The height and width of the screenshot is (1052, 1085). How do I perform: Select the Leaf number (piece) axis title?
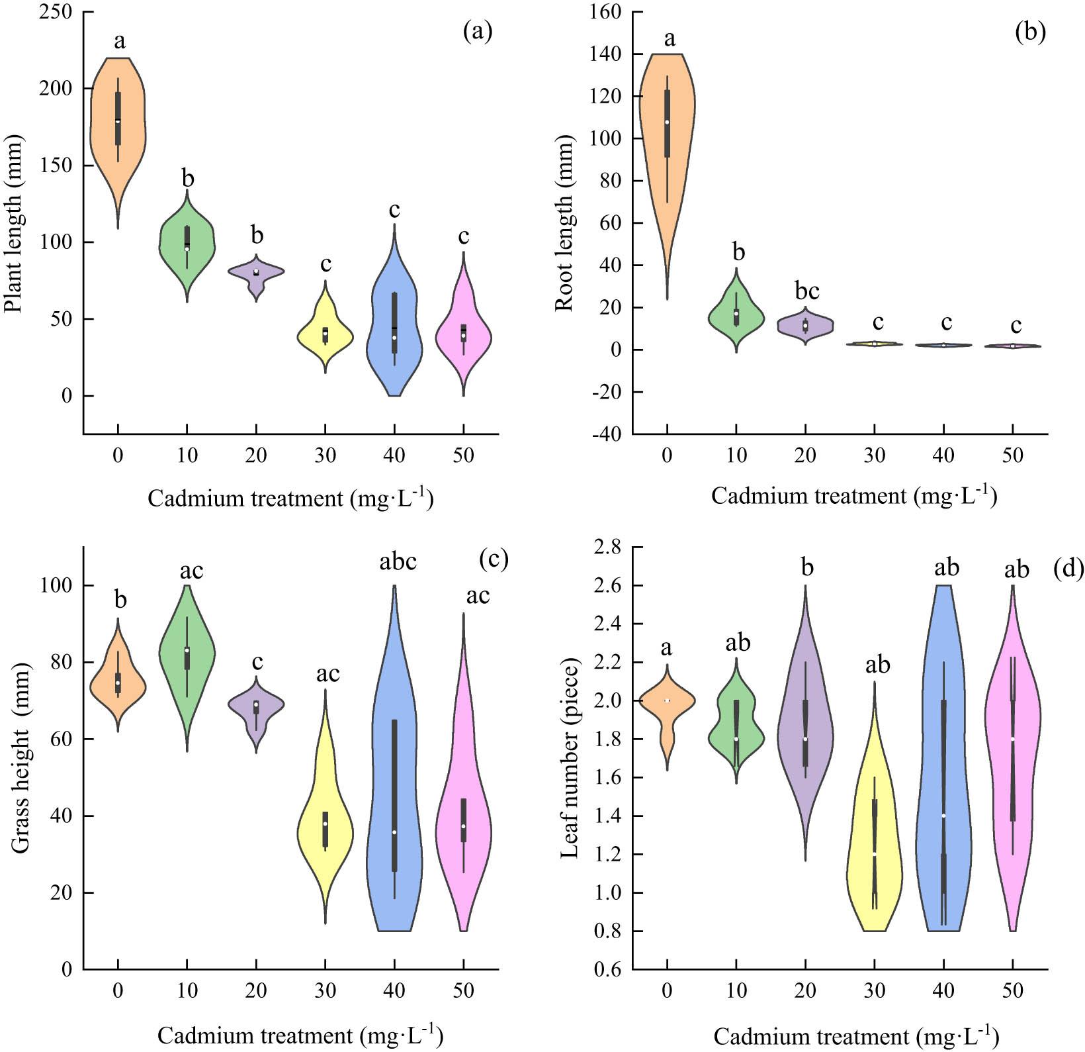(570, 759)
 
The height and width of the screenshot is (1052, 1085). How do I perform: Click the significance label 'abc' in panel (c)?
(398, 561)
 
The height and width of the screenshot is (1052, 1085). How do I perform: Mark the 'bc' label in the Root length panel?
(806, 291)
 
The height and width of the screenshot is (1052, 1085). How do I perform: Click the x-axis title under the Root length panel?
(853, 495)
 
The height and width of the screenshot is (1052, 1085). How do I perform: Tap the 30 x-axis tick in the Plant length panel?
(325, 455)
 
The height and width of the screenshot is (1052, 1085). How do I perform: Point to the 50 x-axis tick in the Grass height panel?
(463, 990)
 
